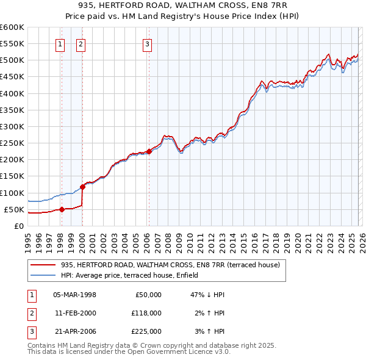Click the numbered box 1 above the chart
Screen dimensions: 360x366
pos(61,43)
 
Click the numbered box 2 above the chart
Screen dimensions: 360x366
pos(81,43)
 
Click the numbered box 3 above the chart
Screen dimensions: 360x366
pos(148,43)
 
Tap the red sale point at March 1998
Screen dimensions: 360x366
pos(62,209)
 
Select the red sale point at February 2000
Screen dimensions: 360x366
pos(82,187)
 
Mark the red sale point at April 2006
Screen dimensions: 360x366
pos(149,151)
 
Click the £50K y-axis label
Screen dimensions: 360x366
pos(13,210)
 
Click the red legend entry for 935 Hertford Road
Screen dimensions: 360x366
pos(170,265)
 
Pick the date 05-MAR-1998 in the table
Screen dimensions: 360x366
pos(75,294)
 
